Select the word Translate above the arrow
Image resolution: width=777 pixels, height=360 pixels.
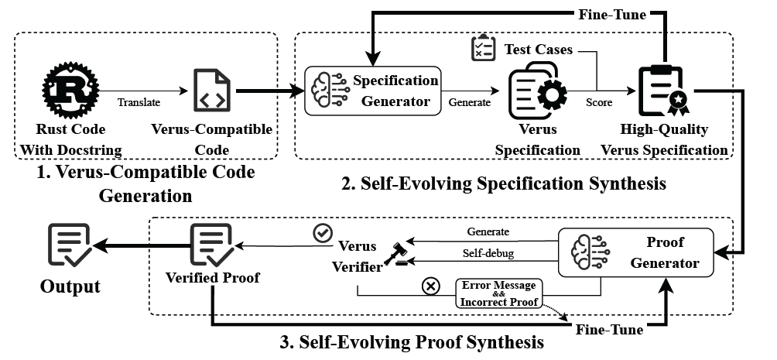click(140, 101)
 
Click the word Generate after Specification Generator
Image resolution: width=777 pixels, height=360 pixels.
click(470, 101)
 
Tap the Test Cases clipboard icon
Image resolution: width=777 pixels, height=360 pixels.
click(483, 48)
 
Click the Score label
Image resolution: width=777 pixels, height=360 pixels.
click(599, 101)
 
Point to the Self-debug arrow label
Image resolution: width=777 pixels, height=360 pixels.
click(488, 253)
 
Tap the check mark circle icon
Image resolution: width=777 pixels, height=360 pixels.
click(322, 232)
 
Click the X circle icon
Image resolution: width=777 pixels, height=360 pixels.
click(431, 286)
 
